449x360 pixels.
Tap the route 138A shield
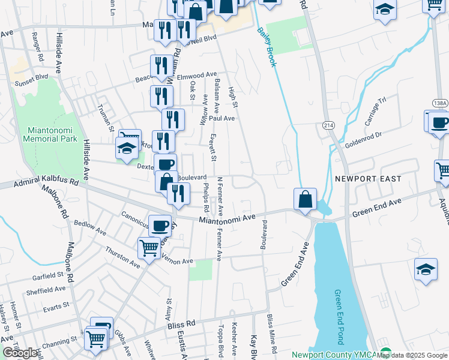[439, 103]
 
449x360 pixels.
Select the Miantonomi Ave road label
[228, 220]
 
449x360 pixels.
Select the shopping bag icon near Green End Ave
[305, 199]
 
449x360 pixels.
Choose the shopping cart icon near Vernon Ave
[149, 247]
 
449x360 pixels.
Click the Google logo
[20, 353]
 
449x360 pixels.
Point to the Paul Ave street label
[222, 118]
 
